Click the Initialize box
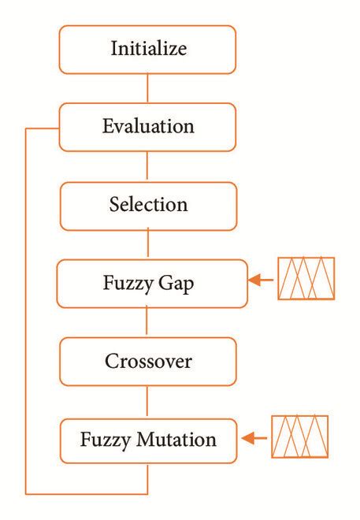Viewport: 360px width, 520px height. tap(147, 49)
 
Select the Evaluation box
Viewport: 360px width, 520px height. tap(147, 127)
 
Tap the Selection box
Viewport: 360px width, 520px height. tap(147, 206)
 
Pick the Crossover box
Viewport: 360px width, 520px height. tap(147, 362)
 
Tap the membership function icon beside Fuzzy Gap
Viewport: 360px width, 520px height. tap(306, 279)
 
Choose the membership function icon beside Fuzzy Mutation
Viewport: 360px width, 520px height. tap(300, 436)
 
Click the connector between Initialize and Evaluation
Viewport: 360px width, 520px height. tap(147, 87)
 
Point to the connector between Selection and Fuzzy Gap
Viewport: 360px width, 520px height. tap(147, 244)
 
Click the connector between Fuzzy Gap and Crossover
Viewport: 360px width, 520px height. tap(147, 322)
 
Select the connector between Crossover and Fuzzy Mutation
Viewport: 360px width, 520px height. tap(147, 401)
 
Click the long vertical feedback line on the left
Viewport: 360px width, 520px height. tap(26, 315)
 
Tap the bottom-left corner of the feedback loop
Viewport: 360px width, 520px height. tap(27, 494)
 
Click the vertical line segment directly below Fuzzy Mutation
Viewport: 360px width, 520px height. tap(147, 477)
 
